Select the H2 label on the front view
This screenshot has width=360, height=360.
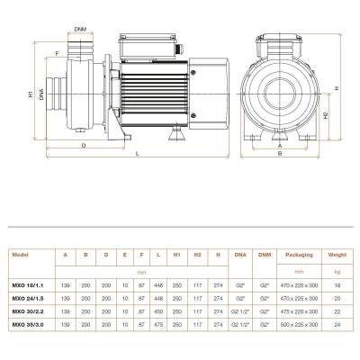[325, 118]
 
